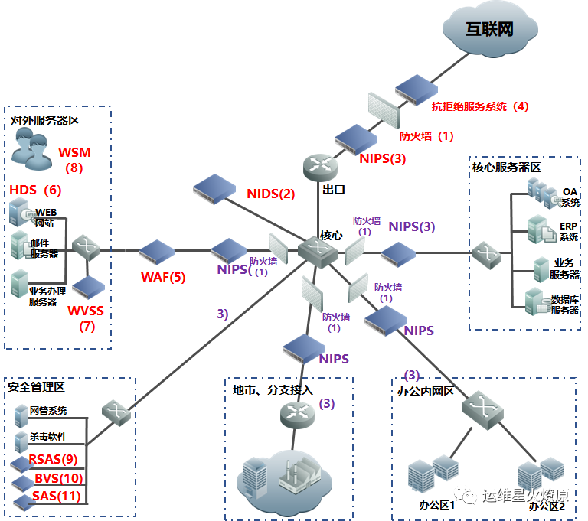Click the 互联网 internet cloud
pos(490,29)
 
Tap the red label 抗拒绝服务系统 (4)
pos(480,106)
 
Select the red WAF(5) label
pos(163,277)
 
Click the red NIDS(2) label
pos(271,194)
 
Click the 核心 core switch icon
pos(318,252)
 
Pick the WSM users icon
pos(32,149)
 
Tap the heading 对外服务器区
pos(44,121)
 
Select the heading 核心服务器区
pos(506,168)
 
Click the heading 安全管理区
pos(36,387)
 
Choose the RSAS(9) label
pos(53,459)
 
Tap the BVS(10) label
pos(58,478)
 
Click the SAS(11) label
pos(56,496)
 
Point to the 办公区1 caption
pos(437,505)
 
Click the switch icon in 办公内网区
pos(482,410)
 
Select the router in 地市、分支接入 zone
pos(297,415)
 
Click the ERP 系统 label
pos(569,232)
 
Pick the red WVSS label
pos(86,311)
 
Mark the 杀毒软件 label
pos(48,436)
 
